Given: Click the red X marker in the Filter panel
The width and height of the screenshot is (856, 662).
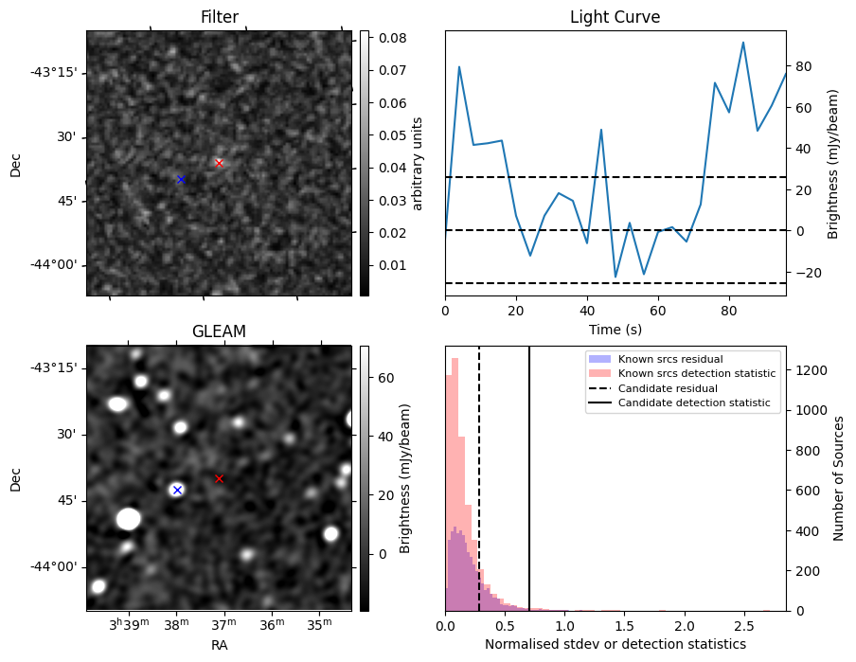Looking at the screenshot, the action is (x=219, y=163).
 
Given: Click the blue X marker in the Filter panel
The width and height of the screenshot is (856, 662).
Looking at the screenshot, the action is (x=181, y=179).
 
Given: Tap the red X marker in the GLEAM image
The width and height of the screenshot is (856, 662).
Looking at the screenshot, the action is (x=219, y=478).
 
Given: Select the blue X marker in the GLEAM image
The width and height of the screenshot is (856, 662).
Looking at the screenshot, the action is (x=177, y=490).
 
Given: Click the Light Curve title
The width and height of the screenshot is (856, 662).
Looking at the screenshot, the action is (x=615, y=17).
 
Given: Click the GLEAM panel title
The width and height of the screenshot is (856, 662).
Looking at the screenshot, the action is (x=219, y=331).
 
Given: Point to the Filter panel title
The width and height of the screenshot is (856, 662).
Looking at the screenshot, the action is (x=220, y=17).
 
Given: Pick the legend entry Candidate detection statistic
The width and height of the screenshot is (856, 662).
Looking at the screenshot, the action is (x=694, y=403).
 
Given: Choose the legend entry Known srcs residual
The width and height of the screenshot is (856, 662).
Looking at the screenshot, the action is (x=670, y=359).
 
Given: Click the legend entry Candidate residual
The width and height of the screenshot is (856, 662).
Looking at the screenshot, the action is (x=668, y=388).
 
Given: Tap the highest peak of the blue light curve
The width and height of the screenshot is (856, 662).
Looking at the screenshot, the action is (x=743, y=42).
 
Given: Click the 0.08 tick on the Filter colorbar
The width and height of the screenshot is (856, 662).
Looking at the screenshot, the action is (x=393, y=38).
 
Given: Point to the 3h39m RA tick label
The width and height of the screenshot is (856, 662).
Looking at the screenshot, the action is (x=130, y=624).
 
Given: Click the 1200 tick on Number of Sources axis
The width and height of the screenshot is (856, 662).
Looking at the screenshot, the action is (x=812, y=370).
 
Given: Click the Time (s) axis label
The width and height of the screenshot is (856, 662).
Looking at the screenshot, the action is (x=615, y=330).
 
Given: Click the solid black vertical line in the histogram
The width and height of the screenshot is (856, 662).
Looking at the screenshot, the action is (x=529, y=478).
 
